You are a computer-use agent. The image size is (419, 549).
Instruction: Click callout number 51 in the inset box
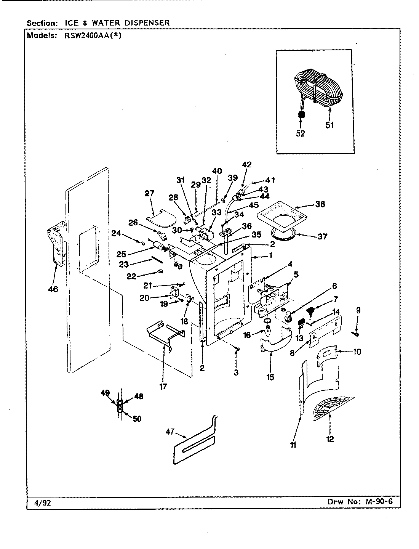coord(330,125)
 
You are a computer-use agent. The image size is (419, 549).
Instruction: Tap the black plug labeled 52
coord(301,114)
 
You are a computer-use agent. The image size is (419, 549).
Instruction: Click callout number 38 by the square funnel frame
coord(320,204)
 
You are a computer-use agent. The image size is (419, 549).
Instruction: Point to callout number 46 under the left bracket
coord(53,289)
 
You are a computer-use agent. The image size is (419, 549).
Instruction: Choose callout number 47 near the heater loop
coord(170,432)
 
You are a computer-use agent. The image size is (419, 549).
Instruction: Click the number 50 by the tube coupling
coord(137,419)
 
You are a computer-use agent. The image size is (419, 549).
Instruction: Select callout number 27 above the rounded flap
coord(150,194)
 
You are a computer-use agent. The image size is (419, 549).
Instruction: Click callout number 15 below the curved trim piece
coord(271,377)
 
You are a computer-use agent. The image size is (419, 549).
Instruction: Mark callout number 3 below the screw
coord(236,372)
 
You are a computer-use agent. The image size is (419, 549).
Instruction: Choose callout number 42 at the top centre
coord(247,165)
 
